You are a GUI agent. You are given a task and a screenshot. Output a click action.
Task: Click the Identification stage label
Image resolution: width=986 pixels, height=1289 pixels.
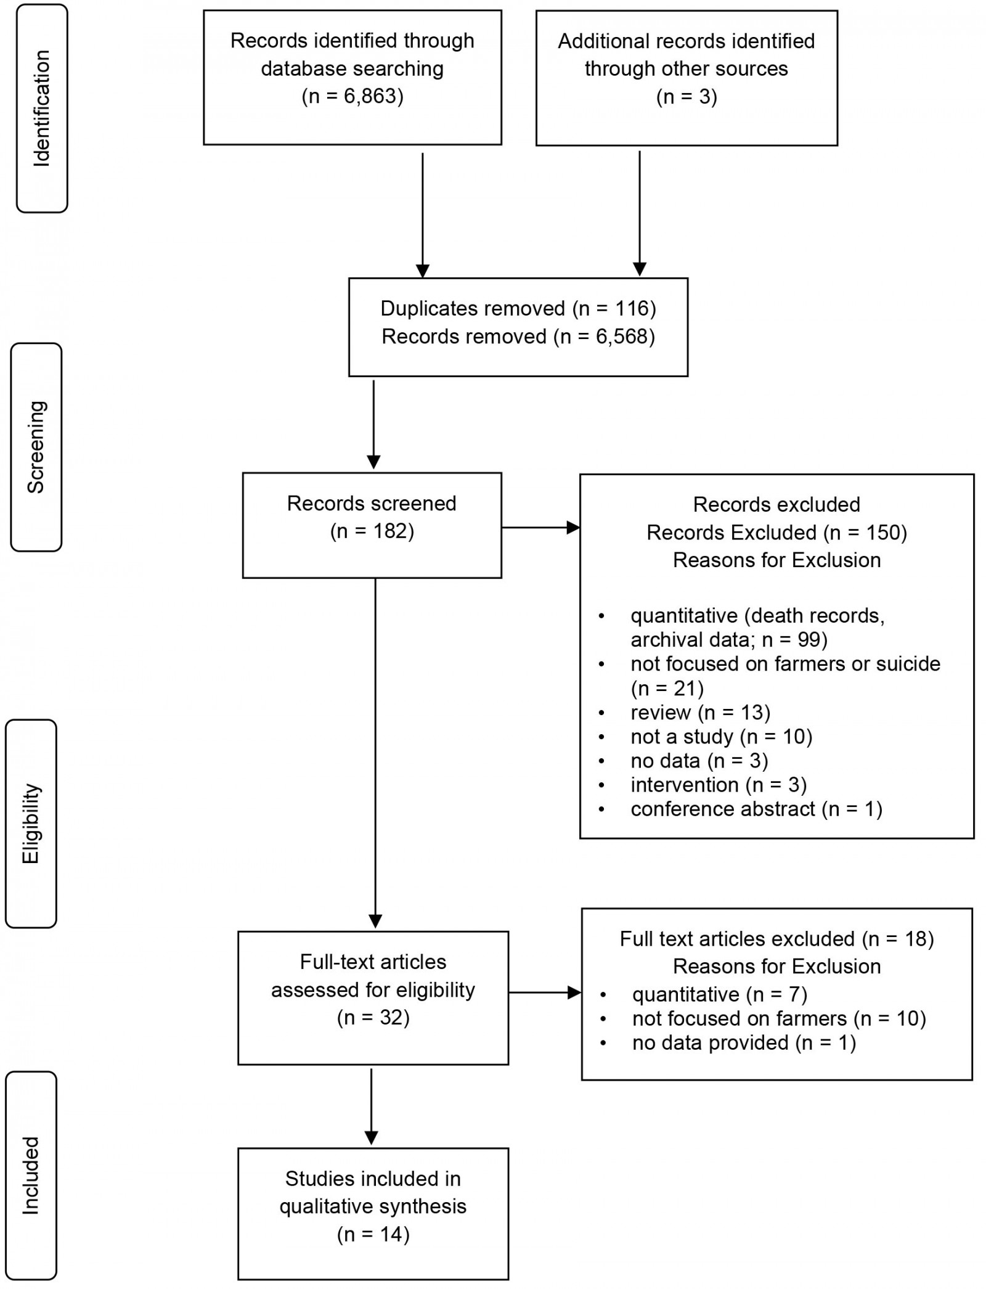coord(41,108)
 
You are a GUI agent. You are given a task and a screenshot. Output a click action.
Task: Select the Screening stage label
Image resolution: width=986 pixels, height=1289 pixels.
coord(36,447)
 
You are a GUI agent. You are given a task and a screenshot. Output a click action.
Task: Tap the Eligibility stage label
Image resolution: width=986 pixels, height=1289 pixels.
coord(31,824)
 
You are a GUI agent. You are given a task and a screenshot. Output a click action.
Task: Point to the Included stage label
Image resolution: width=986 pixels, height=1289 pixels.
coord(31,1176)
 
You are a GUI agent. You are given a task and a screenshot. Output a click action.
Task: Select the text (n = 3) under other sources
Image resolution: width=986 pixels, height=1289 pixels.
coord(687,97)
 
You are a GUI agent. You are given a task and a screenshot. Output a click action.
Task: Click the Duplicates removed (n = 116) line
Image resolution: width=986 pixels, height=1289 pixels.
coord(518,308)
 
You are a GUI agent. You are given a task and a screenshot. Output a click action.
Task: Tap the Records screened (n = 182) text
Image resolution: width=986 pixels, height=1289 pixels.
coord(372,517)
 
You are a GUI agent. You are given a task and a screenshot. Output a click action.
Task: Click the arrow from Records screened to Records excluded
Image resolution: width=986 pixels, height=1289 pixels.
coord(540,528)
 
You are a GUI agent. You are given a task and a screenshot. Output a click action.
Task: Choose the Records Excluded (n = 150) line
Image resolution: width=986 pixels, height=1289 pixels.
coord(776,533)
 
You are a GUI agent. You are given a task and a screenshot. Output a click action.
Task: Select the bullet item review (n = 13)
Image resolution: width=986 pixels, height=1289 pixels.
coord(700,713)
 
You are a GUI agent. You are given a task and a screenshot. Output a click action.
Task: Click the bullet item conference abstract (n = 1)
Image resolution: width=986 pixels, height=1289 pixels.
coord(756,809)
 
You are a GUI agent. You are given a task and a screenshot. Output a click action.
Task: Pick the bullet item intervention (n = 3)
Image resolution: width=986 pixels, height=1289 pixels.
coord(719,785)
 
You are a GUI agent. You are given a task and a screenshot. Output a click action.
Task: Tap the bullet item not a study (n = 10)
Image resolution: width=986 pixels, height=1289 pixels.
coord(721,737)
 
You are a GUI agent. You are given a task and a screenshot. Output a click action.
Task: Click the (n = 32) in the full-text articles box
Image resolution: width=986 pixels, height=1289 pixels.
coord(373,1017)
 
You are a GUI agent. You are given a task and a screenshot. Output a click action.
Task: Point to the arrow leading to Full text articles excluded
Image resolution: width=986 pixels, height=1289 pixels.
coord(545,992)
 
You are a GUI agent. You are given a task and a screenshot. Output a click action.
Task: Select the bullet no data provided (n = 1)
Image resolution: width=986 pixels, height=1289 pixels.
coord(744,1042)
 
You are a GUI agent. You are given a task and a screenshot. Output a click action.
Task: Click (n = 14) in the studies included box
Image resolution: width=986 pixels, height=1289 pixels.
coord(373,1234)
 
